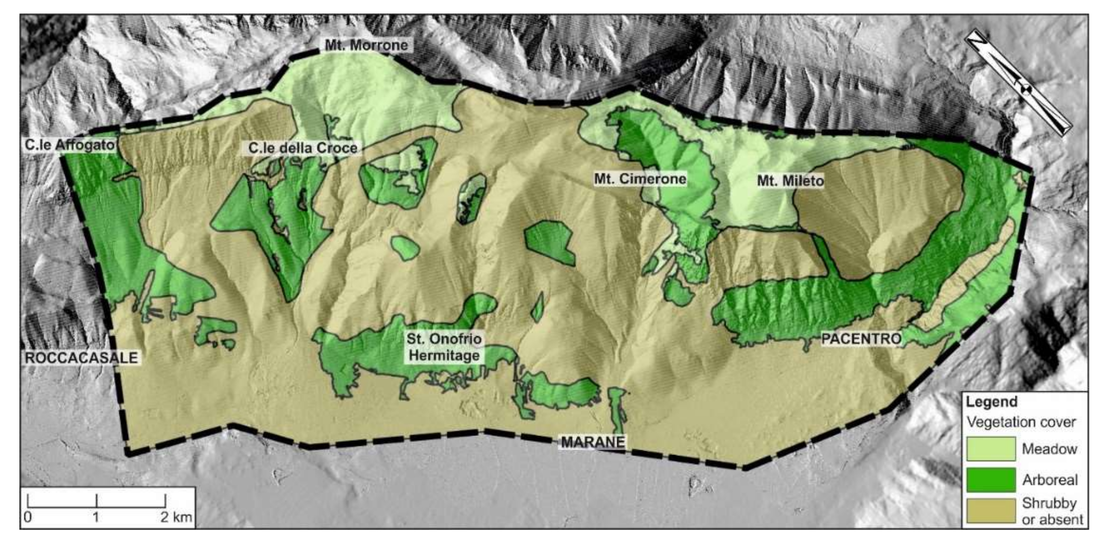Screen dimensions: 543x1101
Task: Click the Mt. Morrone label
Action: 366,45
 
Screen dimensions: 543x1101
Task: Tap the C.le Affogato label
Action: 69,145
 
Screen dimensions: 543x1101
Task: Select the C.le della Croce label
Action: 303,148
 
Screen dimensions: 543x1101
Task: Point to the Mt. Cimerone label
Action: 640,178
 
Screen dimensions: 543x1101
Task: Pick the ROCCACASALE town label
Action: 81,357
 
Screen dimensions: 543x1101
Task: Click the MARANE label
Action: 592,442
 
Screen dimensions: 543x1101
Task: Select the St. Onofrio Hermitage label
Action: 444,347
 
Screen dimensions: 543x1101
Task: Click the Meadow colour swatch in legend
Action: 991,448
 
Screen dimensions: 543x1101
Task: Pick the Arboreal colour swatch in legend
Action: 991,479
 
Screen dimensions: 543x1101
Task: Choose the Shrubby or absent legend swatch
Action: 991,510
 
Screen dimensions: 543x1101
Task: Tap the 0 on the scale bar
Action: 28,517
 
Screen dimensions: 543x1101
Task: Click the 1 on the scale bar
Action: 96,517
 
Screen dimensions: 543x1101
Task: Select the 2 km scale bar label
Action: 176,517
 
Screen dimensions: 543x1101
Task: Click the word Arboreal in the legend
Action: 1050,480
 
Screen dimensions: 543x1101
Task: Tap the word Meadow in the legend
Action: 1049,449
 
